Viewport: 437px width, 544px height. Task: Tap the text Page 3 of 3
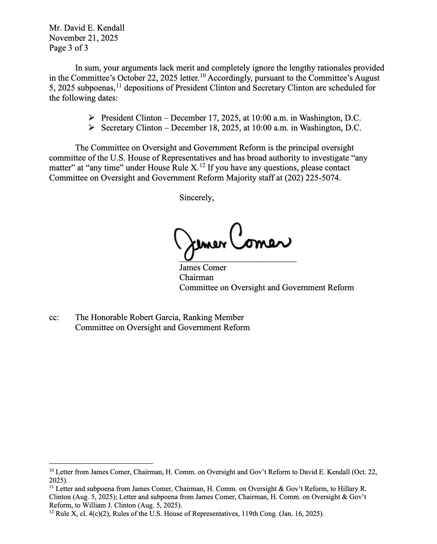point(68,48)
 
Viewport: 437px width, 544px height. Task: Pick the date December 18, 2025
point(205,128)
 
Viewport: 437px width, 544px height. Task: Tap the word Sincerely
point(197,198)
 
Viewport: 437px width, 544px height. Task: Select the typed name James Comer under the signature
point(203,268)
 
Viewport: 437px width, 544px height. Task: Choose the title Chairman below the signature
point(196,278)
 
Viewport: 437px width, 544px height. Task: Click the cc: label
point(54,317)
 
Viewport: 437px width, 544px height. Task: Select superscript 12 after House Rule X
point(202,165)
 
